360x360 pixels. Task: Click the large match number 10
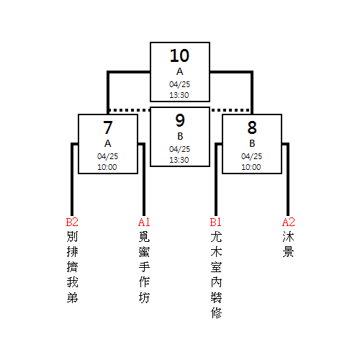[x=180, y=55]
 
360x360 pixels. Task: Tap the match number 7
[x=108, y=127]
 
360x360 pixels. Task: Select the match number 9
[x=180, y=120]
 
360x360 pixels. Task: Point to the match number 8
[x=252, y=127]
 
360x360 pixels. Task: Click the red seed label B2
[x=72, y=222]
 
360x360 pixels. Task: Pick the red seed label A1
[x=144, y=222]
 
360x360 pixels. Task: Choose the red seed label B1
[x=215, y=222]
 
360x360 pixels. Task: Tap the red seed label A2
[x=288, y=222]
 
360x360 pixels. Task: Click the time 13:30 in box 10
[x=179, y=95]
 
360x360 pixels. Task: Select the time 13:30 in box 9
[x=179, y=160]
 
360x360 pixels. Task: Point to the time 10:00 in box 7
[x=107, y=167]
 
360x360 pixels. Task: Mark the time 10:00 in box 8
[x=251, y=167]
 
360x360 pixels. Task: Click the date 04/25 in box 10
[x=179, y=84]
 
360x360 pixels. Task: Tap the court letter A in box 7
[x=108, y=143]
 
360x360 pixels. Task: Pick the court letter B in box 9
[x=180, y=136]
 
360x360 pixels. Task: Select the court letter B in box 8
[x=252, y=143]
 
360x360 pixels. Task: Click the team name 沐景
[x=288, y=244]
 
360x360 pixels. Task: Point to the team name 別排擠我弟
[x=72, y=267]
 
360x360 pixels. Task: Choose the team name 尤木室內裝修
[x=216, y=274]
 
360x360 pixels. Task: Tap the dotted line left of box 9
[x=130, y=110]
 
